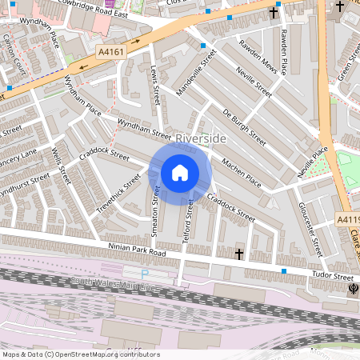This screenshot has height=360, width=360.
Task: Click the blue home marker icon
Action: (x=180, y=173)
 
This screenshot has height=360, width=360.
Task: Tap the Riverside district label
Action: (x=202, y=138)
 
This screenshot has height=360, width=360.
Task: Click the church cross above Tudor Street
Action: (x=239, y=254)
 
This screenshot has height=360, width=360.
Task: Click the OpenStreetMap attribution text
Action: (x=80, y=354)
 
